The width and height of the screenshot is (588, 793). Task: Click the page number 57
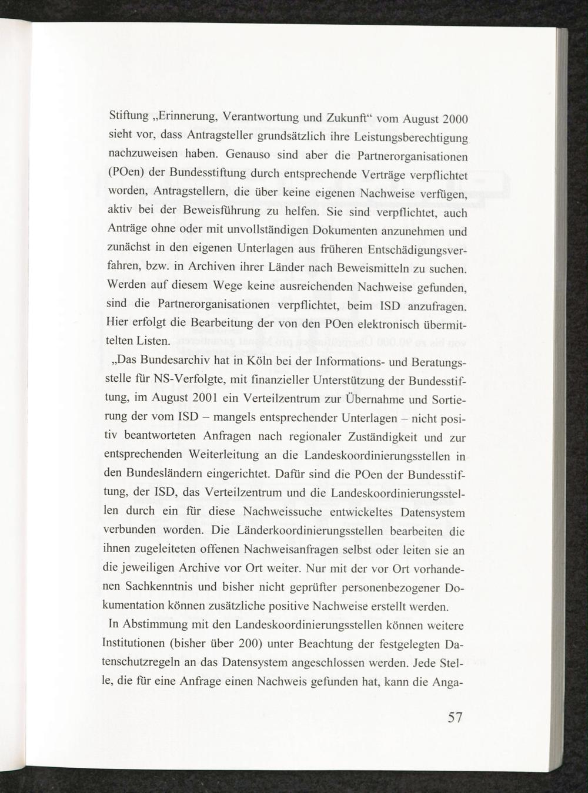click(x=455, y=718)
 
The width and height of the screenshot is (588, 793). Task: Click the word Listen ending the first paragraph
click(x=153, y=341)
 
